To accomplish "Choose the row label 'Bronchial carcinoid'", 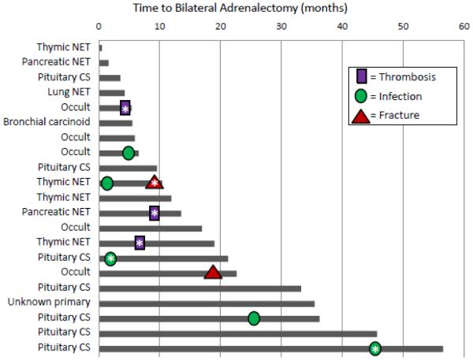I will [x=47, y=123].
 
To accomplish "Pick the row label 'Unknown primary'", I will [x=50, y=302].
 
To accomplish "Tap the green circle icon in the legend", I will [x=359, y=97].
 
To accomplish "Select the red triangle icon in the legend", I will [x=359, y=117].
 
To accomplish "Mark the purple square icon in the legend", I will [x=359, y=76].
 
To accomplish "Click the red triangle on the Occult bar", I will [x=212, y=273].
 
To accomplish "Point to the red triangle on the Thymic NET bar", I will [x=155, y=183].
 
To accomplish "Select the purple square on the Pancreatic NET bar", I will [x=155, y=213].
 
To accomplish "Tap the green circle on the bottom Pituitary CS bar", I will [x=375, y=348].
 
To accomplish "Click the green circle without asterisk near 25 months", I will [x=254, y=318].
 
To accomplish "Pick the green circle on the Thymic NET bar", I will [x=107, y=184].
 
